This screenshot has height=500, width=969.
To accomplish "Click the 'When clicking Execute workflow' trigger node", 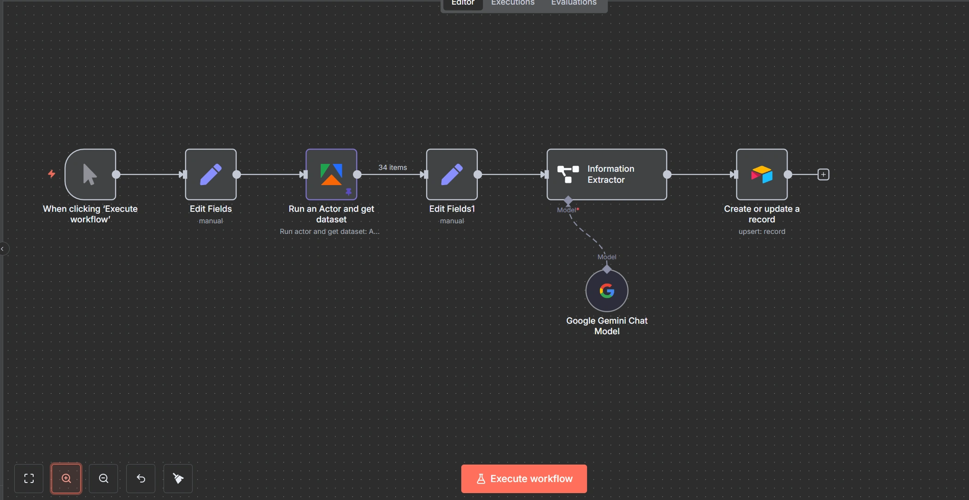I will [90, 174].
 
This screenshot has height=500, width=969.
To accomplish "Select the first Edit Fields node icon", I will [211, 174].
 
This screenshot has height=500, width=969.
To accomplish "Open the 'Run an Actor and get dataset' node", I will [331, 174].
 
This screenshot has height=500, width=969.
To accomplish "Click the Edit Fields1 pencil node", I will [452, 174].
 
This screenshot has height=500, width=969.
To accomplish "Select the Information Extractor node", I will [606, 174].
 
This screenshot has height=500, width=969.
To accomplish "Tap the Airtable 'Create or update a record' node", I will [762, 174].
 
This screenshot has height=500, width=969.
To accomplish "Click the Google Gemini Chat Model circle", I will [607, 291].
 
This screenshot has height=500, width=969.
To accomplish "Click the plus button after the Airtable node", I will [823, 174].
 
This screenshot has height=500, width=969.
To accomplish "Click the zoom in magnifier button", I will [66, 479].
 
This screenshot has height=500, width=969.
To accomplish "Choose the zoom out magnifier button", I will [104, 479].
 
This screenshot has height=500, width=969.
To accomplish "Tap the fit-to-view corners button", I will [29, 479].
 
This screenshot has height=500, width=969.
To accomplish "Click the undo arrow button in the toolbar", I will [141, 479].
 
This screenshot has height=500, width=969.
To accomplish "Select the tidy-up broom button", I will [178, 479].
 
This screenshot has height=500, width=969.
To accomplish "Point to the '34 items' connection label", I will [393, 168].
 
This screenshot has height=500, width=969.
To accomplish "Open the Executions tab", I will [513, 3].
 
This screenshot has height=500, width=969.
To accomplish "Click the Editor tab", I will [463, 3].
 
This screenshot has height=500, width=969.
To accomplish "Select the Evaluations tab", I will [574, 3].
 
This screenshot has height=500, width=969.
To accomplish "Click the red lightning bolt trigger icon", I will [52, 174].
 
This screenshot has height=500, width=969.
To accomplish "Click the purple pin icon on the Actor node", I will [349, 192].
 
